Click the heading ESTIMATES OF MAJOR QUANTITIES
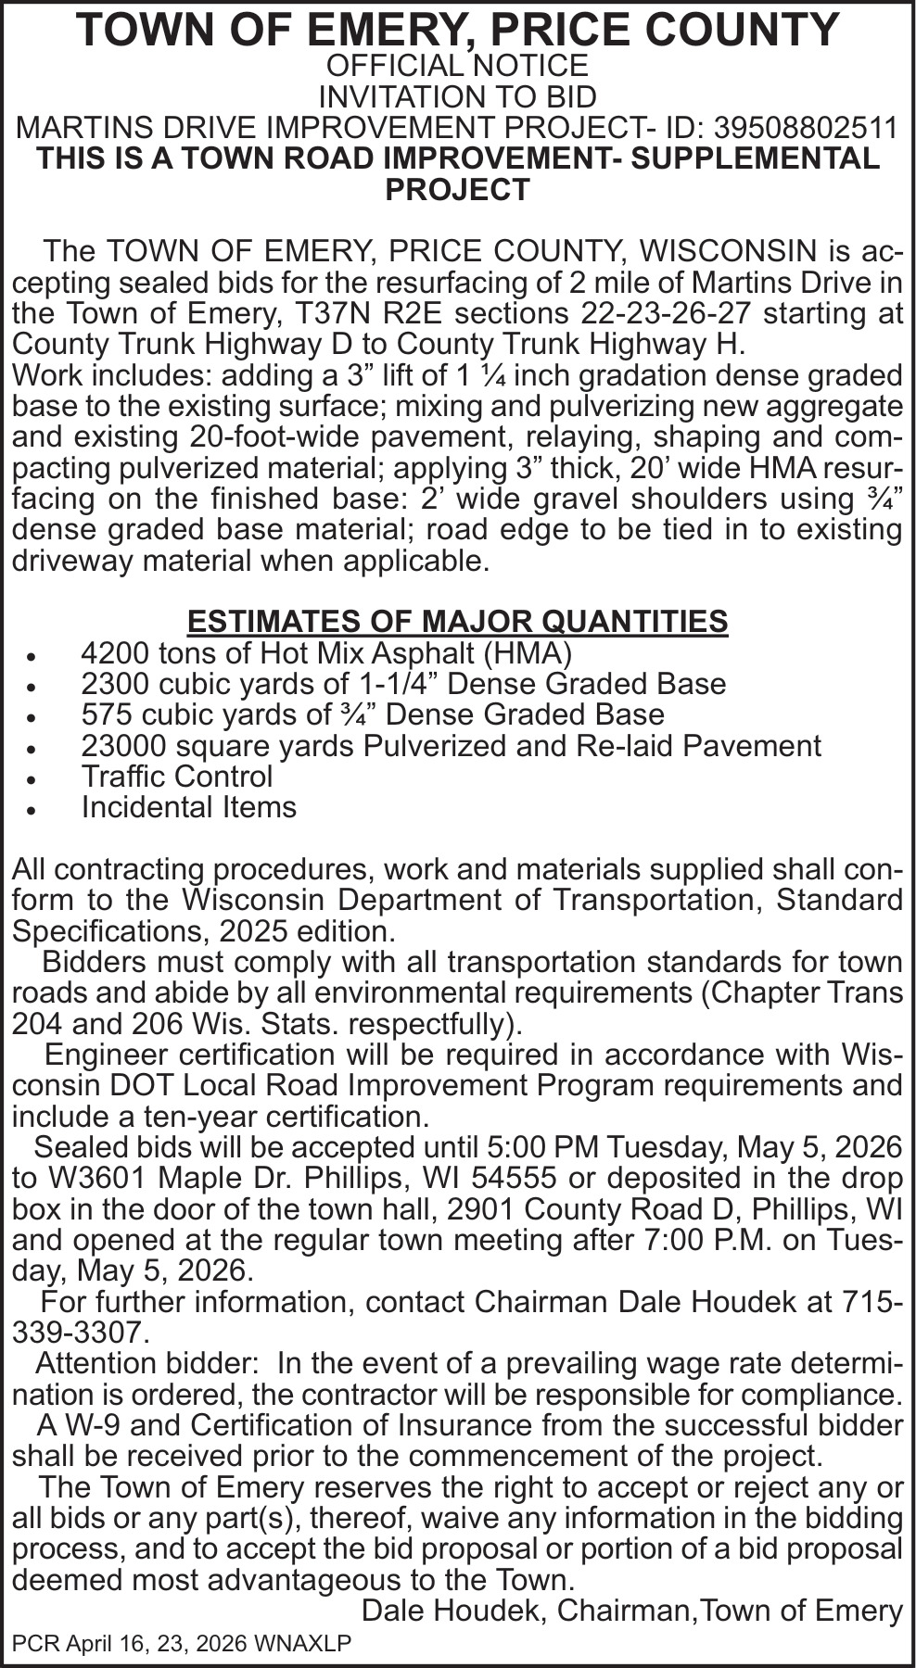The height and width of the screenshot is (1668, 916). [x=457, y=621]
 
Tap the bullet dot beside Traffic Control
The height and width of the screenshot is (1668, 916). [x=32, y=778]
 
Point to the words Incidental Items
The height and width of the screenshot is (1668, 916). [x=189, y=807]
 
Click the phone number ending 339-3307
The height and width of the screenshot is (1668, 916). [x=79, y=1333]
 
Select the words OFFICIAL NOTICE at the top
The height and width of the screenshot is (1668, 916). [x=457, y=66]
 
